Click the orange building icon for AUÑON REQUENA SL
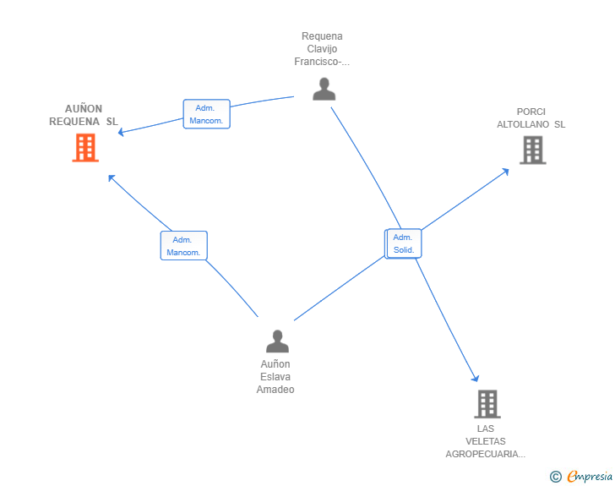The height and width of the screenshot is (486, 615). click(85, 148)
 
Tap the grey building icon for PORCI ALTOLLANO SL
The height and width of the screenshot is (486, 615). click(532, 150)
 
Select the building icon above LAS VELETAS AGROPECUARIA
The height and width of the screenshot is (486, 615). click(487, 404)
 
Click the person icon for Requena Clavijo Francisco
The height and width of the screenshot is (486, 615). click(324, 89)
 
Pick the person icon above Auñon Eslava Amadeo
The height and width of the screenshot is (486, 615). click(277, 341)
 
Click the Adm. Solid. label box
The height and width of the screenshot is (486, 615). click(404, 243)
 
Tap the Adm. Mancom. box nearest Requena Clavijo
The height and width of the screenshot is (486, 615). click(207, 114)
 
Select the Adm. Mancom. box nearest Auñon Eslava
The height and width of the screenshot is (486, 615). click(184, 246)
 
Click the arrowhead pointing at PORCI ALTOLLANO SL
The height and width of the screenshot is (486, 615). click(505, 172)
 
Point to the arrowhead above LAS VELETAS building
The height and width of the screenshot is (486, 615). click(475, 378)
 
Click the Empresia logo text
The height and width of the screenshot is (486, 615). click(590, 476)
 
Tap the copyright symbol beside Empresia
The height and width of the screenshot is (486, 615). click(555, 477)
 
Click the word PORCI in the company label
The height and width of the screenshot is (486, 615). click(531, 112)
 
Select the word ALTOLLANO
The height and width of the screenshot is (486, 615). click(523, 124)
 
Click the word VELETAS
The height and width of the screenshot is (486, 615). click(486, 441)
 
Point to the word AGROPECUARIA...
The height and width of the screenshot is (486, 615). click(485, 454)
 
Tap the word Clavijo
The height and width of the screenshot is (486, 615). click(322, 49)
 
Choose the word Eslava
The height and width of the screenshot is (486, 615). click(275, 377)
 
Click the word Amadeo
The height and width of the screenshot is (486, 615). click(275, 390)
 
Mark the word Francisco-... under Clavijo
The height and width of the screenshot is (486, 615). click(322, 62)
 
